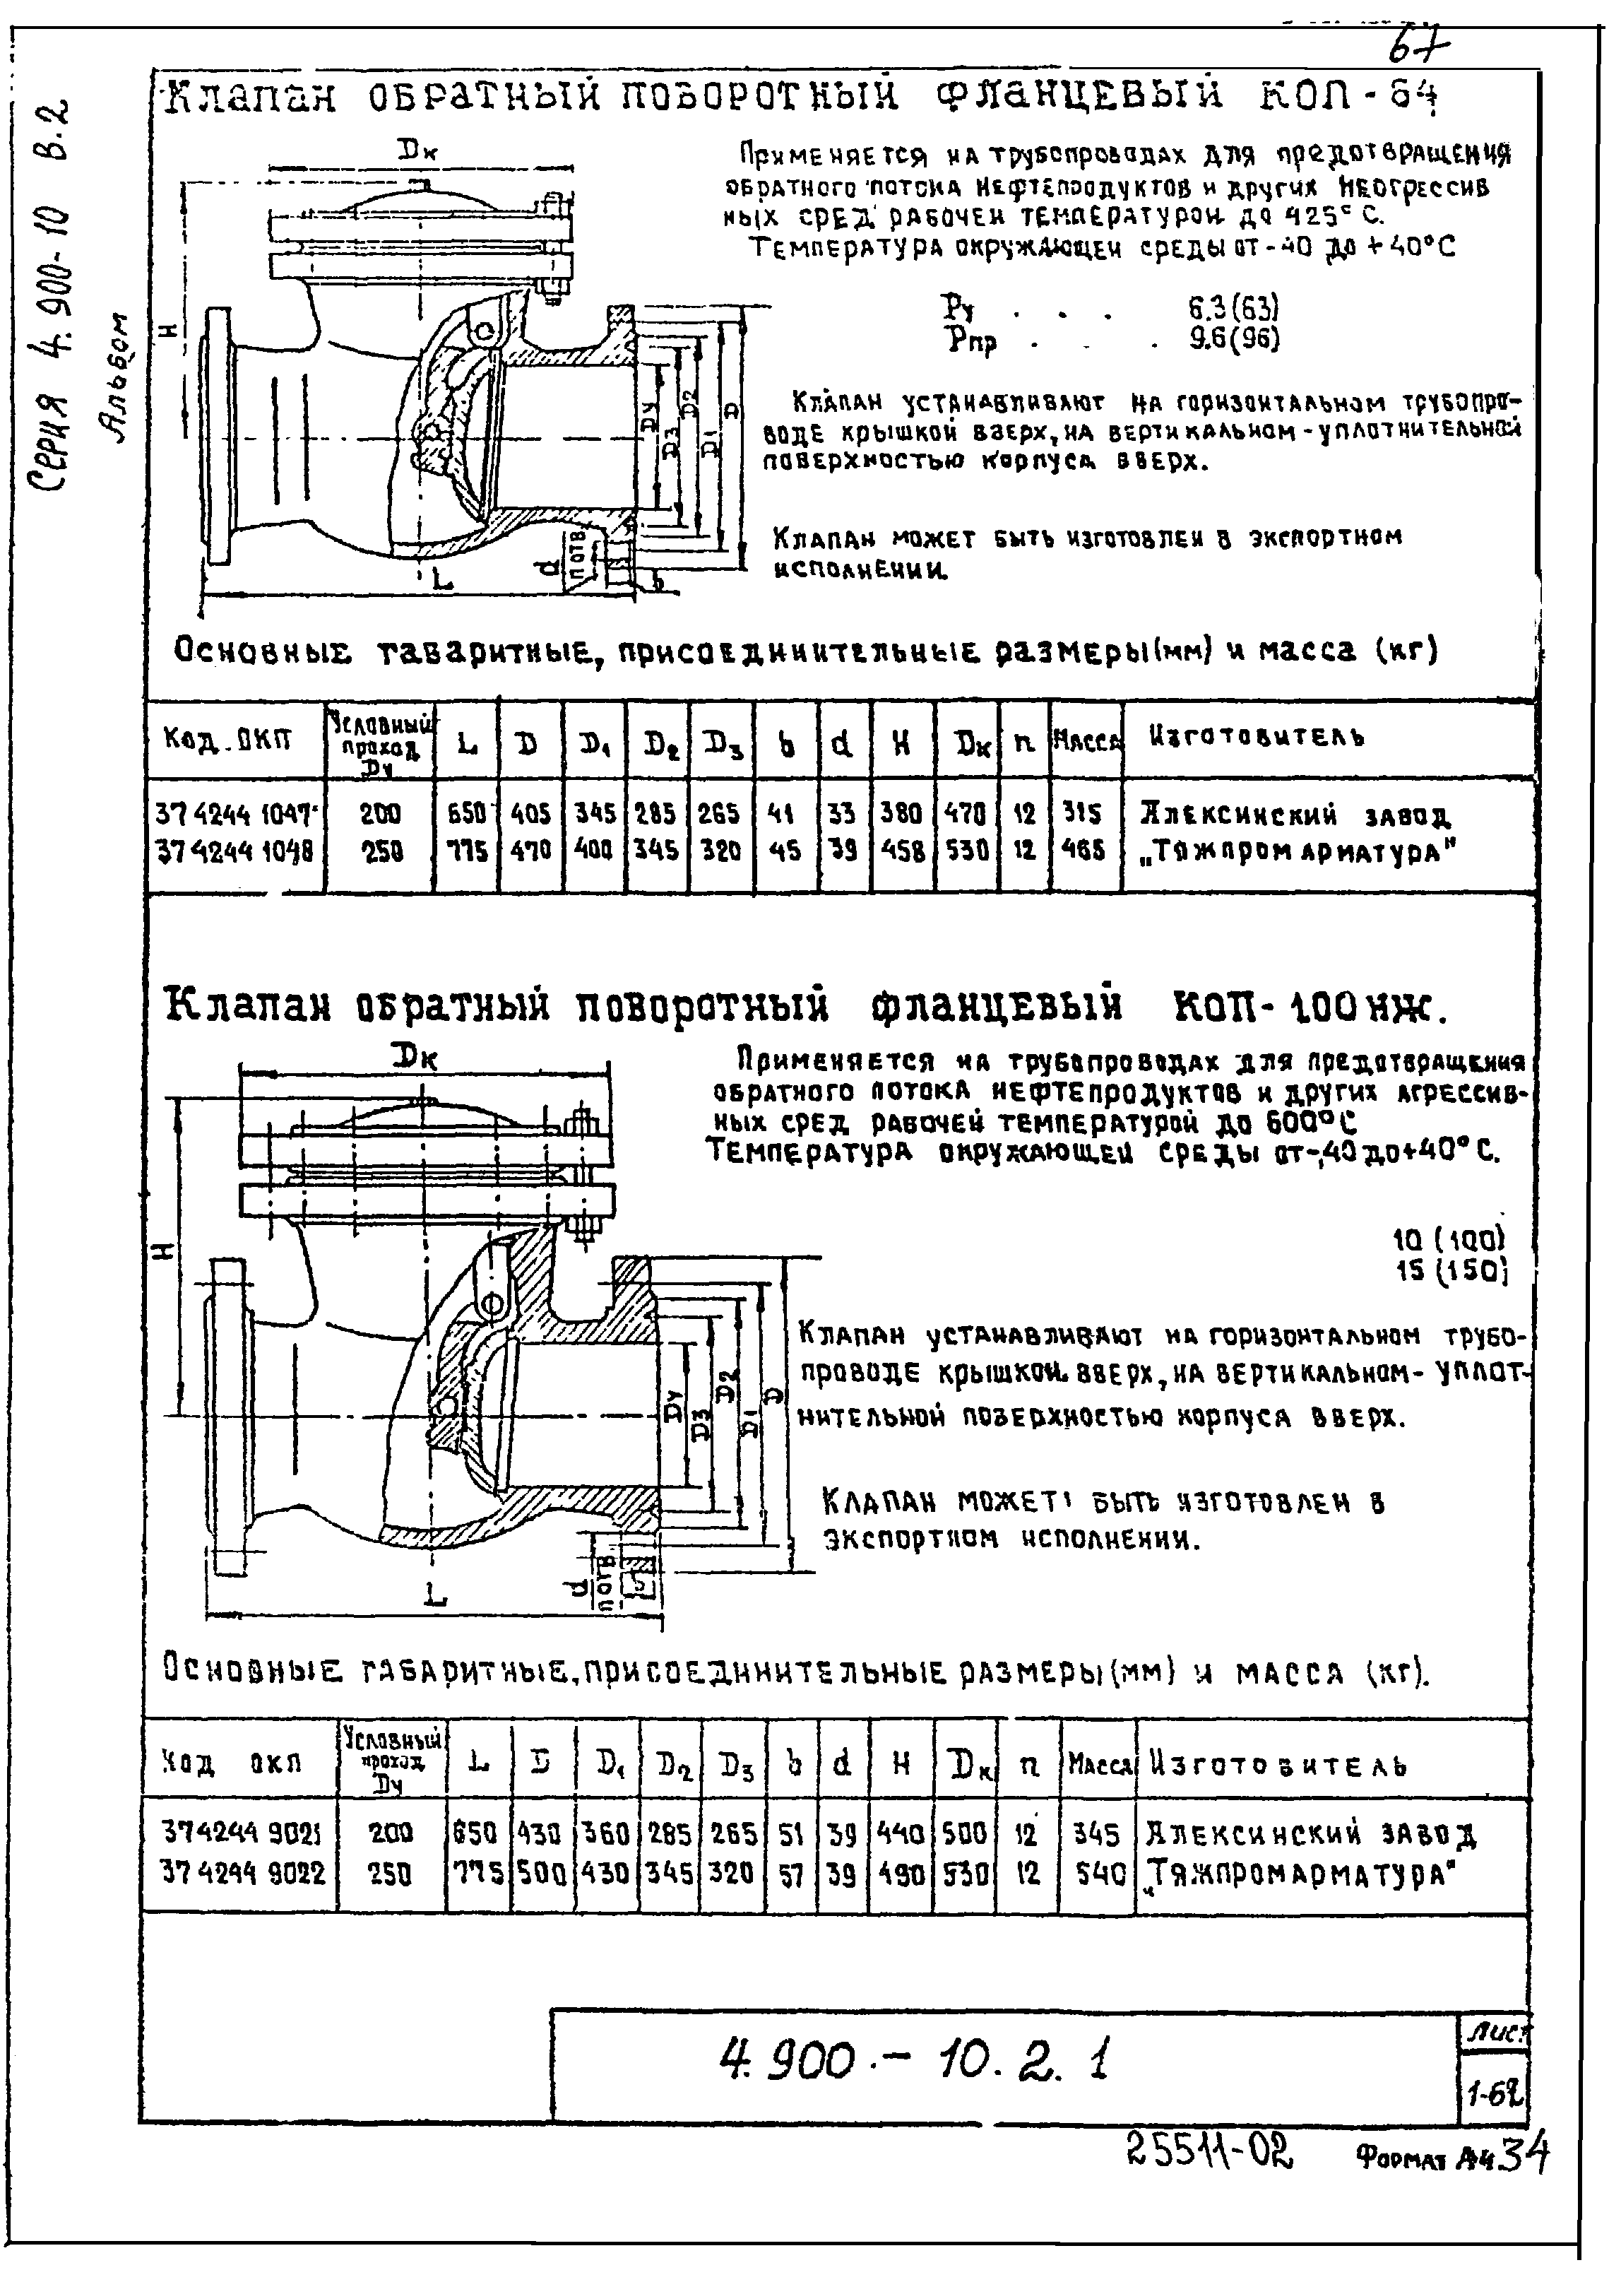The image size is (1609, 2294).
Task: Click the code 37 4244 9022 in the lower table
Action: (x=243, y=1874)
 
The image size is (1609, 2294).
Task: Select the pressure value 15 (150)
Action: (x=1448, y=1272)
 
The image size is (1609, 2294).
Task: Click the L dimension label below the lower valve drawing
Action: (x=434, y=1597)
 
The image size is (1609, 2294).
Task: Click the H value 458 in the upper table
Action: (x=903, y=851)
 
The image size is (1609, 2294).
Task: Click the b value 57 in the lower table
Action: (x=791, y=1874)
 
